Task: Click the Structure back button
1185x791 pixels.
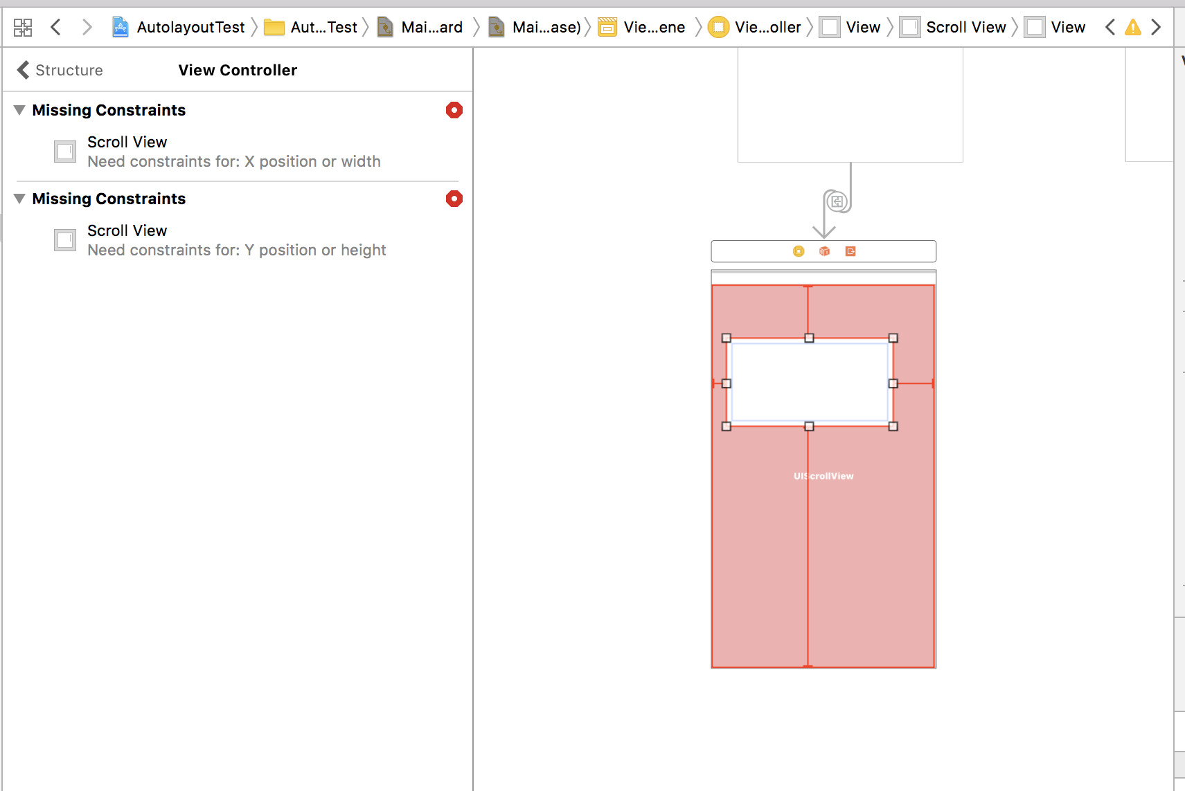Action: pyautogui.click(x=60, y=70)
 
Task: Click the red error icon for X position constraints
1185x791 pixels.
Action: pyautogui.click(x=454, y=110)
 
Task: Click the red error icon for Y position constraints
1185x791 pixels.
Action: pyautogui.click(x=454, y=199)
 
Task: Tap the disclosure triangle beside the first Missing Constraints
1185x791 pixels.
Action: pyautogui.click(x=19, y=110)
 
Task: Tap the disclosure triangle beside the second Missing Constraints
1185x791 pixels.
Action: pyautogui.click(x=19, y=199)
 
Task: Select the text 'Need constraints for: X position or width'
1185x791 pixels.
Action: pyautogui.click(x=234, y=161)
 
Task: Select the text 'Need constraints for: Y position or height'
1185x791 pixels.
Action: pyautogui.click(x=236, y=250)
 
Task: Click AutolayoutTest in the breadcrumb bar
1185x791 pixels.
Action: pyautogui.click(x=190, y=27)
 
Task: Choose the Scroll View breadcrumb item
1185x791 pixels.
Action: pyautogui.click(x=966, y=27)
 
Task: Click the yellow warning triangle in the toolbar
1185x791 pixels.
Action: pyautogui.click(x=1132, y=27)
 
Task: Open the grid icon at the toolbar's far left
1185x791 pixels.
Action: pyautogui.click(x=23, y=27)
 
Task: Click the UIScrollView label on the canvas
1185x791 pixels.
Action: pyautogui.click(x=823, y=476)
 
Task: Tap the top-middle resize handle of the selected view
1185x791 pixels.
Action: pyautogui.click(x=809, y=338)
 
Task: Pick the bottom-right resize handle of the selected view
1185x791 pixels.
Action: pyautogui.click(x=893, y=426)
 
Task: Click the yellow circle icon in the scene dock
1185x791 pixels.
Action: pyautogui.click(x=799, y=251)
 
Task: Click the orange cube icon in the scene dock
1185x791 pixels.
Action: pyautogui.click(x=824, y=251)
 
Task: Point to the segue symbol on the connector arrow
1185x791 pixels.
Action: pyautogui.click(x=837, y=201)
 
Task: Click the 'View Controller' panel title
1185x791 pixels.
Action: pyautogui.click(x=238, y=70)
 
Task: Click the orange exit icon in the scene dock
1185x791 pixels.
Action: pyautogui.click(x=850, y=251)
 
